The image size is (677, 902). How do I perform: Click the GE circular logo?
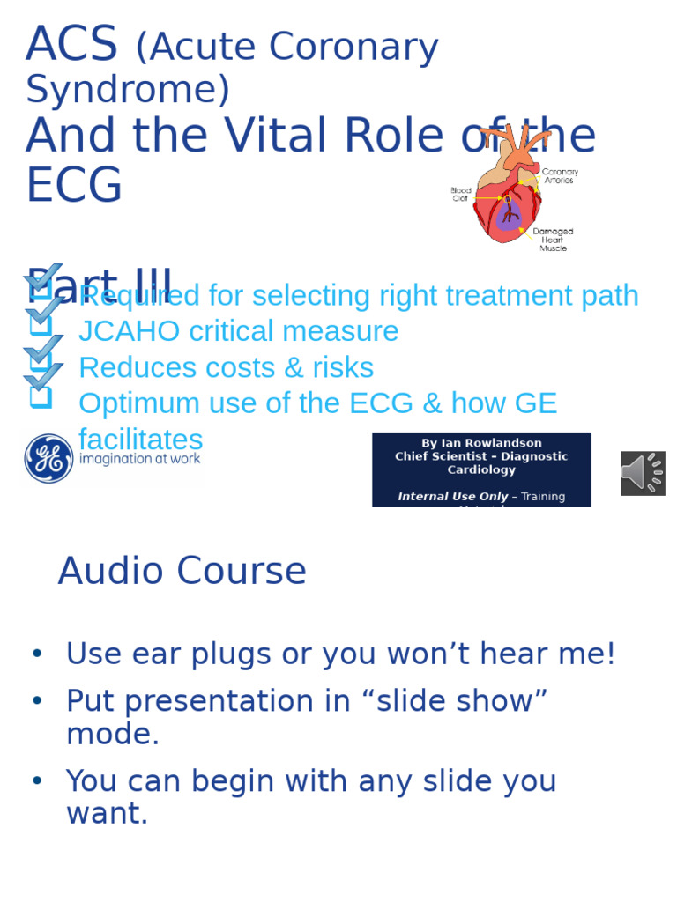click(48, 458)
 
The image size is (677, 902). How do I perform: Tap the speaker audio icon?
click(643, 473)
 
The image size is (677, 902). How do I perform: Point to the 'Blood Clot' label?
click(461, 194)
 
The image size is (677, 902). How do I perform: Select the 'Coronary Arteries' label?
click(560, 175)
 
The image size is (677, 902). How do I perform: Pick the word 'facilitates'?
click(141, 439)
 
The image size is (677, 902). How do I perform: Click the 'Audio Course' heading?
click(182, 571)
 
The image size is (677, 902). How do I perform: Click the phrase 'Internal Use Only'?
click(452, 497)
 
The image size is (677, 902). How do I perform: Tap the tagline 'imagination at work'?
click(140, 459)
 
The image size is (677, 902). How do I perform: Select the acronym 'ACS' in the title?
click(71, 44)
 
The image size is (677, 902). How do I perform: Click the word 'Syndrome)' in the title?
click(128, 90)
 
